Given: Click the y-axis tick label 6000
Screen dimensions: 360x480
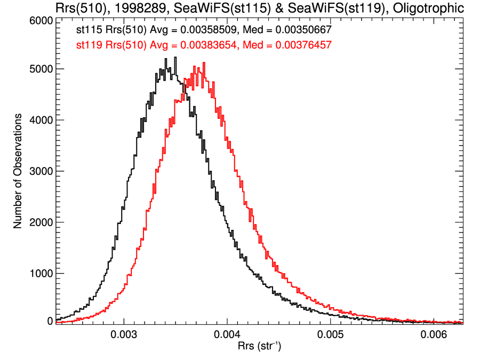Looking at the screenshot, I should coord(39,20).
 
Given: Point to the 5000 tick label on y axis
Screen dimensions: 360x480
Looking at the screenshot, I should coord(39,69).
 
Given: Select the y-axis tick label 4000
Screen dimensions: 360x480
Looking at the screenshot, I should coord(39,120).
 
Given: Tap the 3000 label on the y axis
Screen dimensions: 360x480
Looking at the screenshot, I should coord(39,171).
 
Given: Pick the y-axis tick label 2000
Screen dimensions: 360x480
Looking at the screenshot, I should coord(39,222).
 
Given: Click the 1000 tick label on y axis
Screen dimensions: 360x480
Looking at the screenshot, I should coord(39,274).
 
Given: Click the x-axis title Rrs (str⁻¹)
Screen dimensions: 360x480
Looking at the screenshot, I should coord(259,347).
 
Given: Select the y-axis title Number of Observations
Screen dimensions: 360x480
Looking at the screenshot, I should coord(18,171).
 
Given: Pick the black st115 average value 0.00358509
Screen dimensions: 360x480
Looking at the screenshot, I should coord(188,31).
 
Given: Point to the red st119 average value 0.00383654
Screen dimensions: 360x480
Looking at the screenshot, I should coord(188,45).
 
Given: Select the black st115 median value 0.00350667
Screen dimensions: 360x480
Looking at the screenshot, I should coord(303,31).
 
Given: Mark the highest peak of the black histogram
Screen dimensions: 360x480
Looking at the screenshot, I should coord(174,58).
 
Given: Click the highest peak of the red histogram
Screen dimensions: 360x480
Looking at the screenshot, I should coord(204,63).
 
